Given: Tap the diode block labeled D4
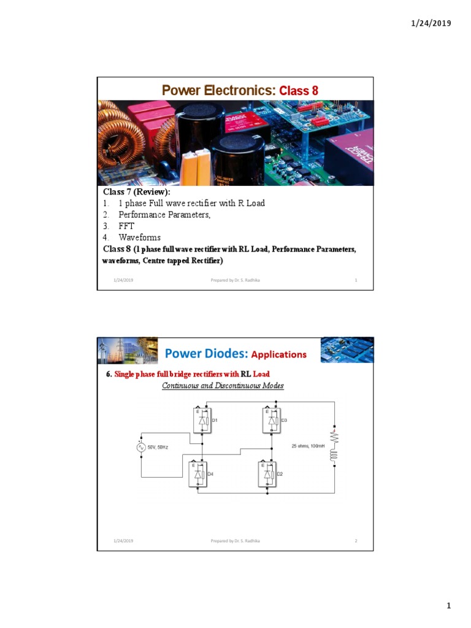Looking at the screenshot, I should (199, 474).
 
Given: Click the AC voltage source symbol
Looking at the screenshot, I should (141, 447).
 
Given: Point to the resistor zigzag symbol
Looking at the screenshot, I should (334, 437).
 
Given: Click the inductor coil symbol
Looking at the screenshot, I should (334, 456).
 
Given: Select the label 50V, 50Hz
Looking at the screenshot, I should (158, 448).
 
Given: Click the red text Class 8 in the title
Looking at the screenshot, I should (299, 91).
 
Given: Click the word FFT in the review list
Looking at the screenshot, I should (126, 226).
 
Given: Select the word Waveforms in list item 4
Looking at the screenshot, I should (140, 237).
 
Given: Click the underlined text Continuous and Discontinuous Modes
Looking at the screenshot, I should (223, 386).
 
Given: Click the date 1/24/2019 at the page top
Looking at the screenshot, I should (430, 23).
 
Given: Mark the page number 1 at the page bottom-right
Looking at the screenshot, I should (448, 606).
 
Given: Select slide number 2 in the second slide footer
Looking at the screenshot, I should (356, 541).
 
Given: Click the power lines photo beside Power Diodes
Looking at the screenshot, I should (128, 350).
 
